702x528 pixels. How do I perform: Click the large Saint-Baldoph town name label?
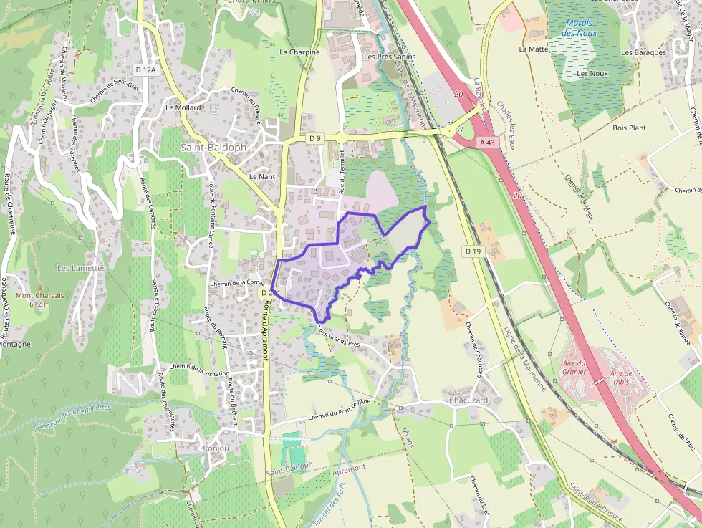pos(213,147)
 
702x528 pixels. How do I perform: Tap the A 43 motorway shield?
pos(487,143)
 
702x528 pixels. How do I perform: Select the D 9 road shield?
pos(314,138)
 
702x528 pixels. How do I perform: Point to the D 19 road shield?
pos(472,251)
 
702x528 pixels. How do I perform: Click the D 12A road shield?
pos(145,69)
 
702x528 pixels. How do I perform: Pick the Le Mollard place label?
pos(183,107)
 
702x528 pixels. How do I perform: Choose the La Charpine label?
pos(299,52)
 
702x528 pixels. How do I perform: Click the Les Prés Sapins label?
pos(390,57)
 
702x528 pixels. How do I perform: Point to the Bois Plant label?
pos(629,128)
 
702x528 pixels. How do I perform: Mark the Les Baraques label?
pos(643,52)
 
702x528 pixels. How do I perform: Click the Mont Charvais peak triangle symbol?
pos(40,287)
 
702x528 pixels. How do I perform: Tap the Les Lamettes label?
pos(81,268)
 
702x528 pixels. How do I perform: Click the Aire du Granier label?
pos(574,367)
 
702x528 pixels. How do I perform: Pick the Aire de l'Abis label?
pos(620,377)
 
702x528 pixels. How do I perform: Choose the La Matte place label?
pos(533,49)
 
